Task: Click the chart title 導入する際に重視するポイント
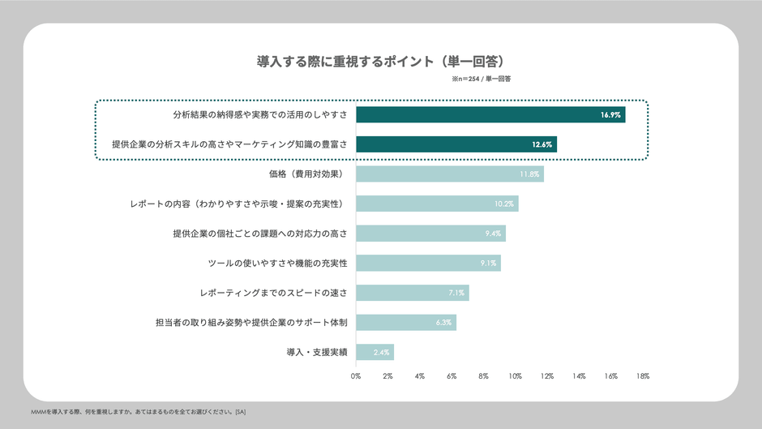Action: [381, 61]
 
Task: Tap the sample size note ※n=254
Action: [481, 79]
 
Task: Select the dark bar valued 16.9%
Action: [490, 115]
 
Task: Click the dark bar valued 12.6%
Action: [456, 144]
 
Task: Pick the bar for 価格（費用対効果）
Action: [449, 174]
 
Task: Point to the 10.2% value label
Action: [504, 204]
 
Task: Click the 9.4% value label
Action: [492, 234]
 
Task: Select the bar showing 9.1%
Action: [428, 263]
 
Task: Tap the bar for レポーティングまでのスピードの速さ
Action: [412, 293]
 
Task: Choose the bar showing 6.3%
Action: [405, 323]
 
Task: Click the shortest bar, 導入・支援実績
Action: [375, 352]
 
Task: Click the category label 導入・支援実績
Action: [317, 352]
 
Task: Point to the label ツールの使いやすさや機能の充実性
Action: [277, 263]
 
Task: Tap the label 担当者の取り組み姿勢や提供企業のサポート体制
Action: [251, 323]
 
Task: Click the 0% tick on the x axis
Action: [356, 376]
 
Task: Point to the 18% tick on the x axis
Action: [643, 376]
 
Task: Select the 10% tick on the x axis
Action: [515, 376]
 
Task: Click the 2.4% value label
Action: [381, 352]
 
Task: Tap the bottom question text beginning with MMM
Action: [138, 412]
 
